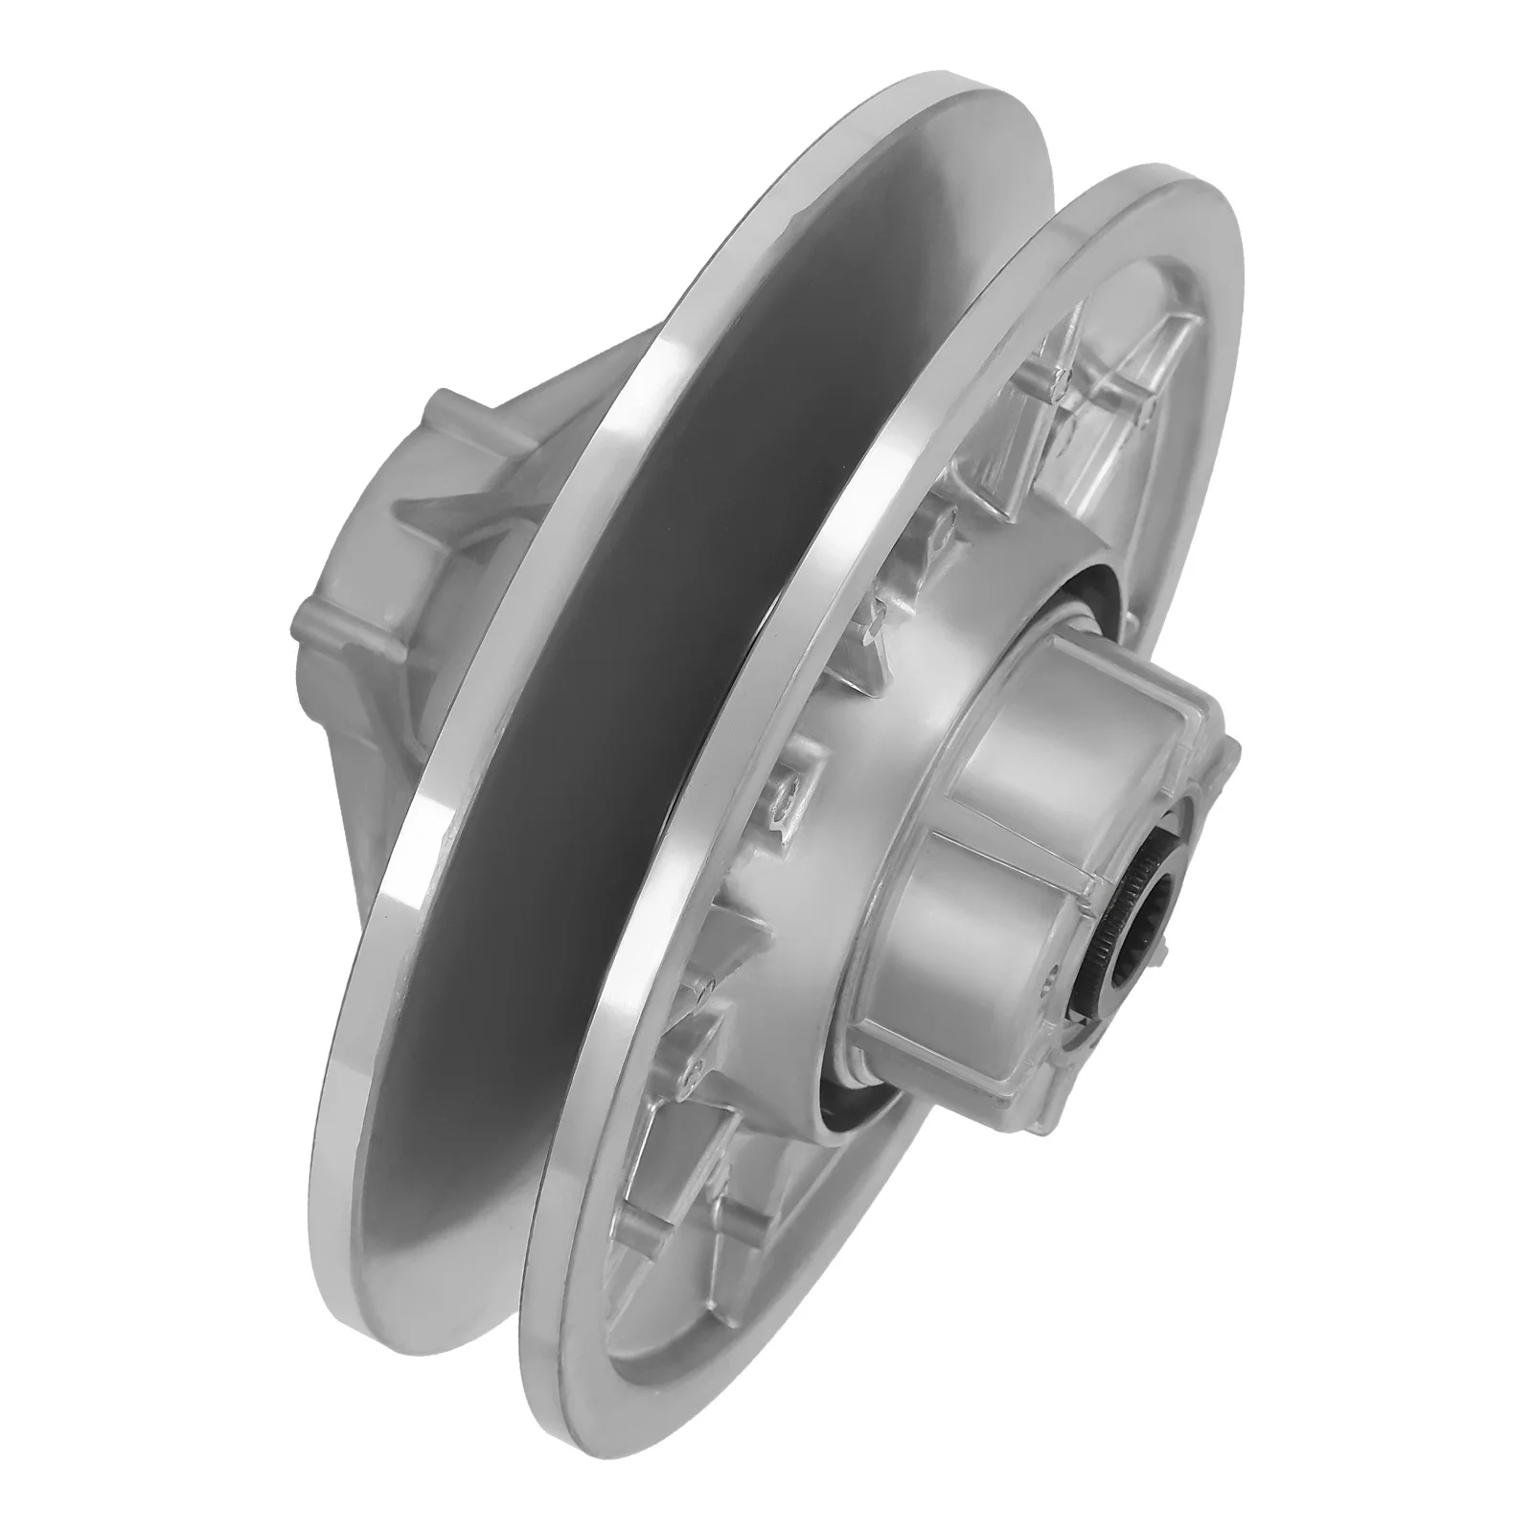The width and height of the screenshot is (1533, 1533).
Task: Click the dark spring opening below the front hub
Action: (x=843, y=996)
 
